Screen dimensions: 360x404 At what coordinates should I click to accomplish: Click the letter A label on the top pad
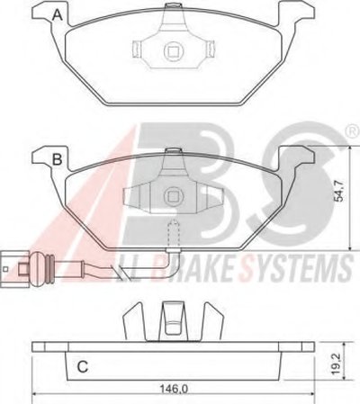tap(58, 15)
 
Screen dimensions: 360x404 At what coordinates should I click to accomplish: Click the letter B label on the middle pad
tap(57, 159)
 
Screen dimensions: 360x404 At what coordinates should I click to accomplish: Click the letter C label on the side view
tap(83, 366)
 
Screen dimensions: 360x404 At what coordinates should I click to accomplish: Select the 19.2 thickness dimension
tap(337, 364)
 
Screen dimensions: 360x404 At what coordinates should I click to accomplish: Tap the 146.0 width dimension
tap(175, 389)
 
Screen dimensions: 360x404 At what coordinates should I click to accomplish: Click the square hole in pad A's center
tap(173, 50)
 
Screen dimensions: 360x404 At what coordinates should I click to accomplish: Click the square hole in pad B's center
tap(173, 196)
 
